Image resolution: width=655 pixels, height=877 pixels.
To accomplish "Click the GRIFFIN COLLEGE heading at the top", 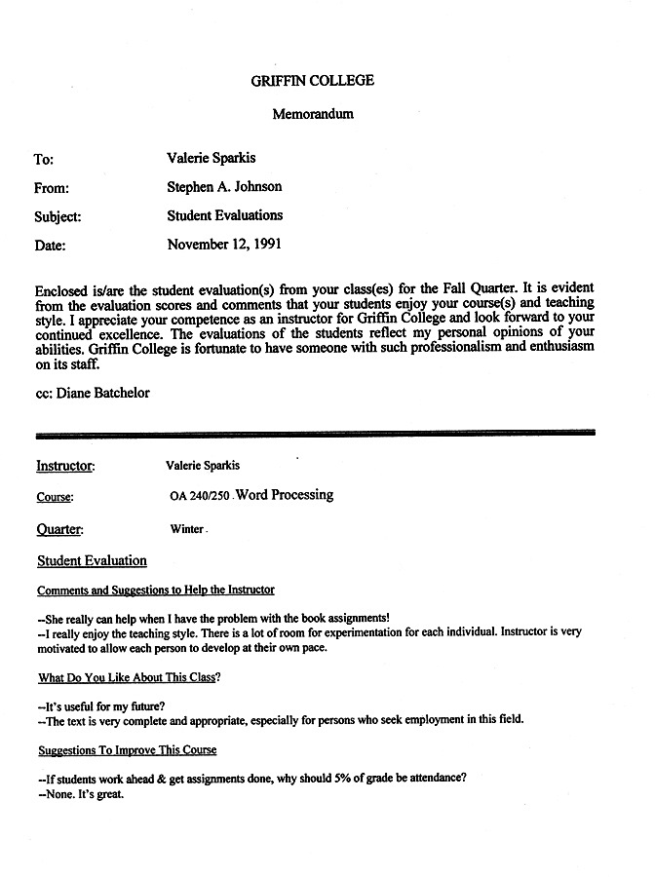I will click(312, 81).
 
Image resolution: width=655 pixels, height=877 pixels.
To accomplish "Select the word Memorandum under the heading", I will click(312, 114).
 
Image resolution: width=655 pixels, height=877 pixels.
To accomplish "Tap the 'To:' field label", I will click(44, 159).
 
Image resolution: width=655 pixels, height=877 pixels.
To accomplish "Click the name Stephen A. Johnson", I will click(224, 186).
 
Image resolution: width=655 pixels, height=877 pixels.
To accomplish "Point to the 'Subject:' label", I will click(58, 217).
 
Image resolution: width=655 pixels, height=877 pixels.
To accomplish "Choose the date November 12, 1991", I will click(225, 245).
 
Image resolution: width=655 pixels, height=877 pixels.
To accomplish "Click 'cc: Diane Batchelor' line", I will click(92, 393).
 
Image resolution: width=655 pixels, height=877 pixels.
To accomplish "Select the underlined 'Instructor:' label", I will click(65, 466).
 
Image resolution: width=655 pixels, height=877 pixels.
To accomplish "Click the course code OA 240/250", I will click(199, 496).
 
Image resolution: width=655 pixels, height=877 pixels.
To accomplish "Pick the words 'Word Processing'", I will click(285, 495).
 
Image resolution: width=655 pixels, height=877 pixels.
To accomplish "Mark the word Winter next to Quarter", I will click(186, 529).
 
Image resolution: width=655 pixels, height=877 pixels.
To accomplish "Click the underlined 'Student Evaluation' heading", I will click(92, 561).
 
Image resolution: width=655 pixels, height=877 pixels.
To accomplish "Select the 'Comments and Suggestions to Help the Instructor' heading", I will click(156, 591).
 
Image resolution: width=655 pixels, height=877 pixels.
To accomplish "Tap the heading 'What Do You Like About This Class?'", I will click(129, 677).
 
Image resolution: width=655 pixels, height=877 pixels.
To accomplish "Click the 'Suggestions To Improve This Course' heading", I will click(127, 750).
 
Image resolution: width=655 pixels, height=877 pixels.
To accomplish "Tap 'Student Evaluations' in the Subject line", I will click(224, 215).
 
